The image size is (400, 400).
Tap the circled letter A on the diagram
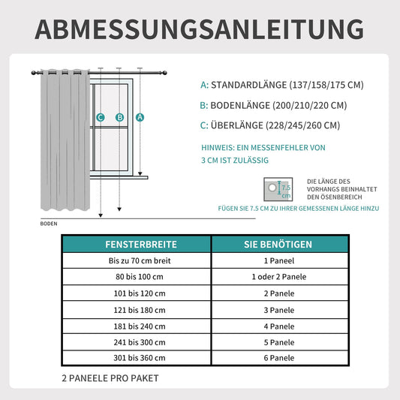click(x=140, y=117)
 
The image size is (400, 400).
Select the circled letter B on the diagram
click(x=119, y=117)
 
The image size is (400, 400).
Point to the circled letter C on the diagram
click(x=100, y=117)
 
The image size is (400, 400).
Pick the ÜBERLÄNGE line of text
click(x=270, y=125)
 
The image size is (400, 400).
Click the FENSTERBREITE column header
click(x=136, y=245)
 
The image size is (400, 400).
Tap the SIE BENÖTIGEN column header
click(x=279, y=245)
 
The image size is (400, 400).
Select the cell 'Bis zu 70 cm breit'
click(x=136, y=260)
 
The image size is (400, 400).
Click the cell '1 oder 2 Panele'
click(x=279, y=277)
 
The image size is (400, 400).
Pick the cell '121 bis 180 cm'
click(x=136, y=309)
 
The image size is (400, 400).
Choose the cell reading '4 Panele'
click(x=279, y=326)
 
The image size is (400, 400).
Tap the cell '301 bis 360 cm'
click(x=136, y=358)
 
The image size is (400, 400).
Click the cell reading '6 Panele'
click(x=279, y=358)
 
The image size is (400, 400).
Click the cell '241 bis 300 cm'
click(x=136, y=342)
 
